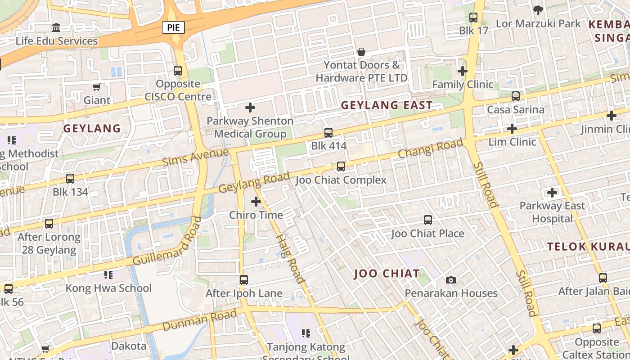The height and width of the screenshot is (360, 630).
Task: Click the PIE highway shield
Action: (173, 27)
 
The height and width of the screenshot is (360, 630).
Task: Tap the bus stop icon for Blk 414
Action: (328, 133)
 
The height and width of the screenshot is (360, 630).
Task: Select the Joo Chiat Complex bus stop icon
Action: (341, 166)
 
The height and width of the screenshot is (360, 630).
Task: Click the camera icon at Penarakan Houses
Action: (450, 280)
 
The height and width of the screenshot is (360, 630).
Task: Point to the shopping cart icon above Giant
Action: (96, 87)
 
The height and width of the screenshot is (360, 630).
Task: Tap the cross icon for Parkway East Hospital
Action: (552, 193)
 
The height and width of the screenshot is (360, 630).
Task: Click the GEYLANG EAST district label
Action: (387, 105)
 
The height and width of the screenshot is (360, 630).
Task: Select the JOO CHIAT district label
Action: (387, 274)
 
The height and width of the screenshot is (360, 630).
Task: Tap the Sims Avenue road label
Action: (195, 157)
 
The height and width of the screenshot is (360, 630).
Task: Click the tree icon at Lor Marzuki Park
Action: (538, 10)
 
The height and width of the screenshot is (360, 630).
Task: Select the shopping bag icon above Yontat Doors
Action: (361, 52)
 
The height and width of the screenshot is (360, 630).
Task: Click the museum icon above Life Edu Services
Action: (56, 28)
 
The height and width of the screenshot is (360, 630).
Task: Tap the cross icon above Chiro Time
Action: (256, 202)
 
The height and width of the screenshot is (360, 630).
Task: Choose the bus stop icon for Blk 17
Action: (473, 18)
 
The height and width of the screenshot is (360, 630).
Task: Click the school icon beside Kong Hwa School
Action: (108, 274)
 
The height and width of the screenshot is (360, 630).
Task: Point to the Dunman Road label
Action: (199, 320)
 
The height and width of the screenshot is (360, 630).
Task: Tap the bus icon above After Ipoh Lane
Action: (243, 280)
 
